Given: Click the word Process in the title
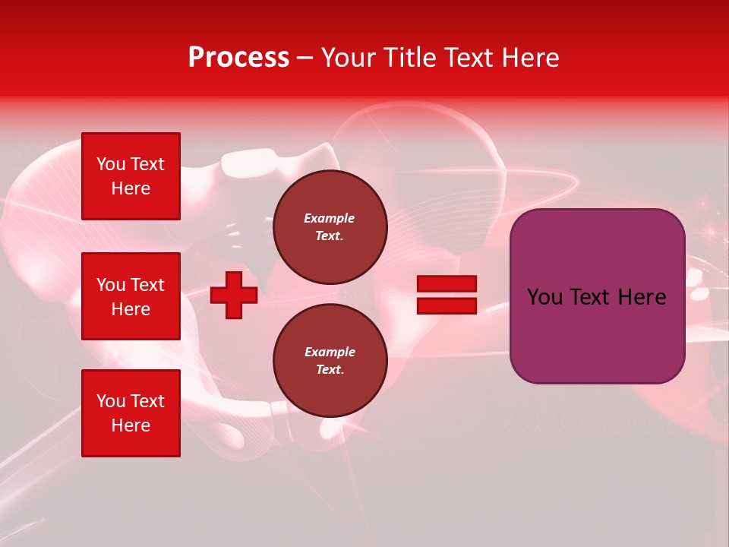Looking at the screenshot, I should (x=238, y=58).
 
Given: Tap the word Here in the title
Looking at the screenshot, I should (x=529, y=58).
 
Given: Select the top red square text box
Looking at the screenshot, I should (x=131, y=176).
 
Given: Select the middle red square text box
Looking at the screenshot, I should (x=131, y=296).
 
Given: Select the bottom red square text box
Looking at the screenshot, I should (x=131, y=413).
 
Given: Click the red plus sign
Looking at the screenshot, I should (x=234, y=295).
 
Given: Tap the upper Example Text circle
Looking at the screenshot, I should (x=330, y=226).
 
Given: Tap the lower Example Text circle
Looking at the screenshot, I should (x=330, y=360).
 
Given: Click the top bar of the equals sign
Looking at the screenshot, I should (x=447, y=284).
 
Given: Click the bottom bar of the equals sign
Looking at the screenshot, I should (x=447, y=305).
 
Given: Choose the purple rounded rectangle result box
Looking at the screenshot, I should (x=597, y=334).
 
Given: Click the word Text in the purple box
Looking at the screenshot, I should (x=589, y=297).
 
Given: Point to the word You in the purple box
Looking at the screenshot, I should (x=544, y=297).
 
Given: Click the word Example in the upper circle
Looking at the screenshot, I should (x=330, y=218).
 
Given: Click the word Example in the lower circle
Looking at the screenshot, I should (x=330, y=352).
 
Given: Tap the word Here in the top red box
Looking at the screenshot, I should (x=131, y=188).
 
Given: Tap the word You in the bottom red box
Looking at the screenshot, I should (x=111, y=401).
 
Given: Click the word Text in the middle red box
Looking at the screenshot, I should (x=147, y=285).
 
